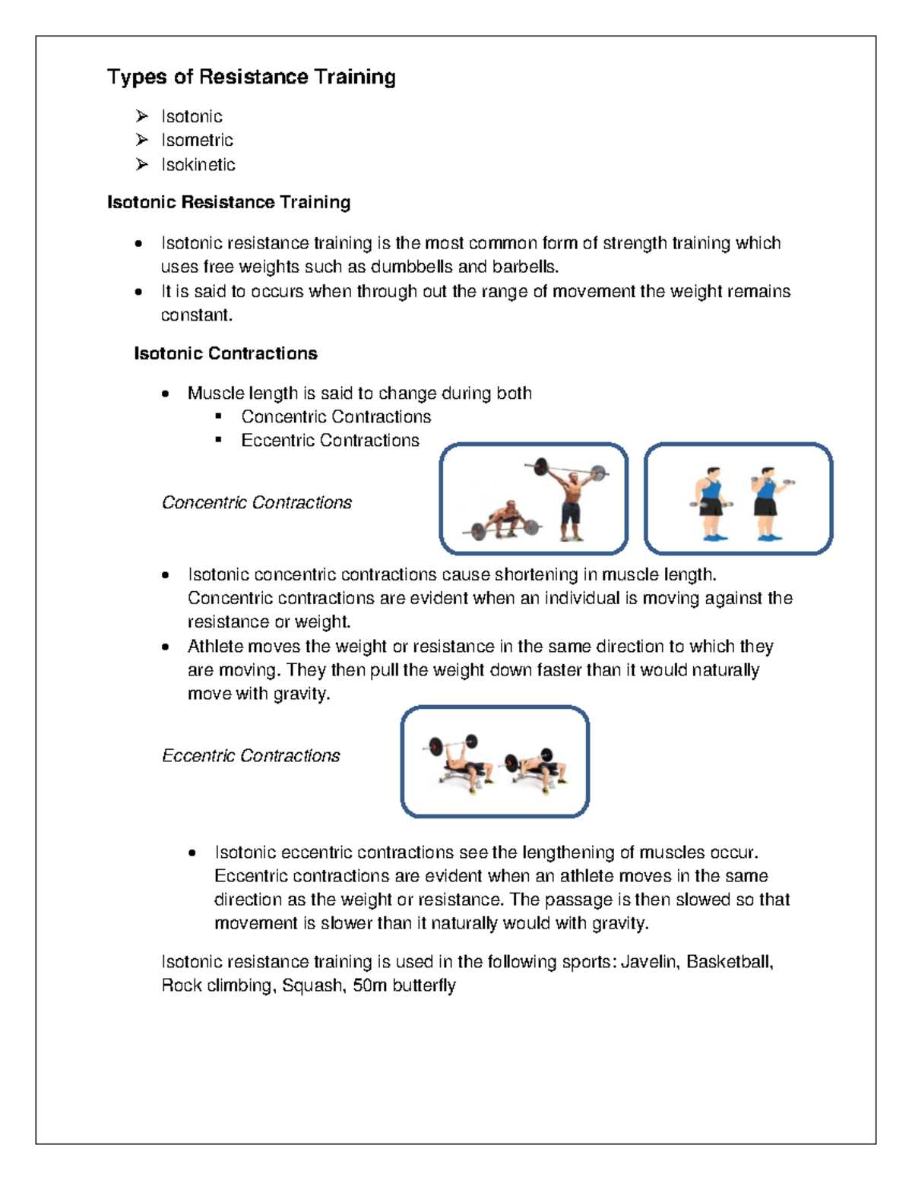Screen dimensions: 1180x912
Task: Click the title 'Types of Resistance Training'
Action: (x=251, y=77)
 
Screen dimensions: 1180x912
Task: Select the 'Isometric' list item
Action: (x=197, y=140)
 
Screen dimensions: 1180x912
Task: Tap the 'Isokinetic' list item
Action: (x=198, y=164)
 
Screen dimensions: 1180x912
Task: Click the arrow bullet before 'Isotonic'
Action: (x=141, y=116)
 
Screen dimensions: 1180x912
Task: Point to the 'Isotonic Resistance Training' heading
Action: (x=229, y=202)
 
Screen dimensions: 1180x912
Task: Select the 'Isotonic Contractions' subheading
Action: (x=226, y=353)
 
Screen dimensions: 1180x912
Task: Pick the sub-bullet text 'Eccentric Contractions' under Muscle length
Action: (x=330, y=441)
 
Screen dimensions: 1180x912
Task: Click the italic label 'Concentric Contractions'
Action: (x=257, y=503)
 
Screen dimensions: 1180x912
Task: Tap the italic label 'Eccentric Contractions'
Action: (x=251, y=756)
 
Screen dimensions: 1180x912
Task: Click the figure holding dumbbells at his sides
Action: (x=711, y=503)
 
